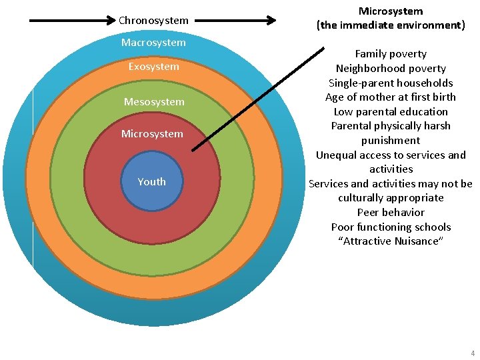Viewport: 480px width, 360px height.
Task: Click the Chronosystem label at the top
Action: (153, 21)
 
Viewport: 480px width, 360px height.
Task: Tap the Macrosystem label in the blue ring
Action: (153, 43)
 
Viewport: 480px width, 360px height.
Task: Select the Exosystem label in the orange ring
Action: (153, 67)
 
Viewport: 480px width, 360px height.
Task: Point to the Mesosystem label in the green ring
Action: (153, 102)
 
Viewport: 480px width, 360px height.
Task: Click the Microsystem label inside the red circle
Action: (152, 134)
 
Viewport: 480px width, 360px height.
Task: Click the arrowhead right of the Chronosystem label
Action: (270, 21)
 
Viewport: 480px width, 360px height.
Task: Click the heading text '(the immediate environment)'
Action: (391, 25)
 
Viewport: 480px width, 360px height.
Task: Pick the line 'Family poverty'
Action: (391, 54)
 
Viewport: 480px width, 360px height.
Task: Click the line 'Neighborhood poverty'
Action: (391, 69)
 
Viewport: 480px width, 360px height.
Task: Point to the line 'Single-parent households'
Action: (391, 83)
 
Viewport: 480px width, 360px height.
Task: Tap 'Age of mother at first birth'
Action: (391, 97)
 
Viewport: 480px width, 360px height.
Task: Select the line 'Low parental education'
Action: (391, 112)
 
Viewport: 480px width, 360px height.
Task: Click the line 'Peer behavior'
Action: (391, 213)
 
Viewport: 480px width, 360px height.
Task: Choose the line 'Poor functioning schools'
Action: (391, 227)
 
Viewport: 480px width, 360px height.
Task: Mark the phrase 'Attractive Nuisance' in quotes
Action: (391, 241)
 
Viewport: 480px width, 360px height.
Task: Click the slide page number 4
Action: (472, 353)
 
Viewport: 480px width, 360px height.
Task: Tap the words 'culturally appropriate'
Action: (391, 198)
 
